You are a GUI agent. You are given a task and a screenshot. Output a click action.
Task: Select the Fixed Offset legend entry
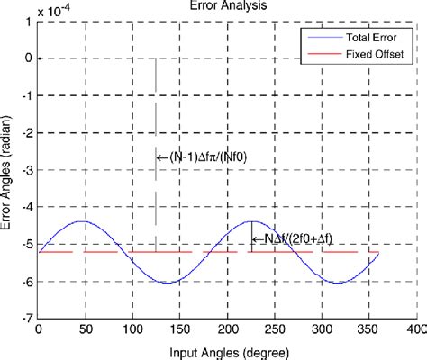pyautogui.click(x=370, y=54)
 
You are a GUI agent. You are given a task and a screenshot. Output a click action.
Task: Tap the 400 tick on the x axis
pyautogui.click(x=414, y=330)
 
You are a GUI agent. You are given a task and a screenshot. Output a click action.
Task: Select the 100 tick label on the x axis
pyautogui.click(x=132, y=330)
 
